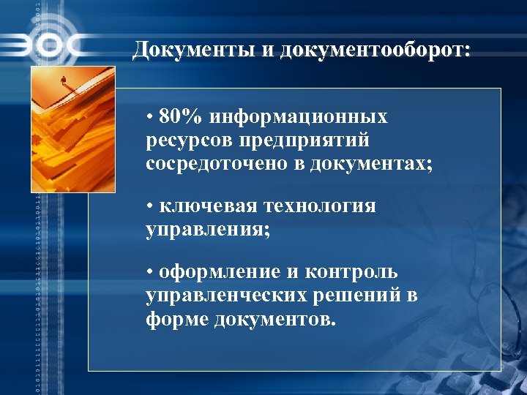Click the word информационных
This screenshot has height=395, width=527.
(299, 117)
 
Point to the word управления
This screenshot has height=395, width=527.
(207, 230)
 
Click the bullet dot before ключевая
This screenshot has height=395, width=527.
(149, 207)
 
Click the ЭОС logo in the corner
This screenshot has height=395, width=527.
(44, 45)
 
